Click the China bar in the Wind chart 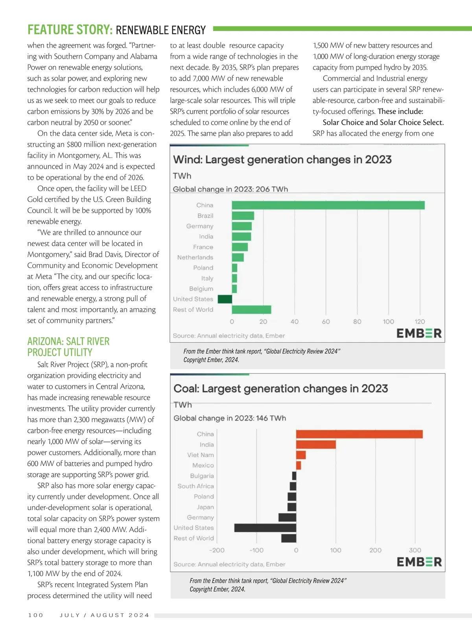pos(328,205)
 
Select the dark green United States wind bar pos(225,299)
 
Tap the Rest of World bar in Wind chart pos(251,309)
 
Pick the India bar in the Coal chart pos(316,444)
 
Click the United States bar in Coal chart pos(265,528)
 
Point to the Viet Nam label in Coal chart pos(201,455)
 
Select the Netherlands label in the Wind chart pos(195,257)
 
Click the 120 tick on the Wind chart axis pos(420,322)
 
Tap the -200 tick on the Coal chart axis pos(217,550)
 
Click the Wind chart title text pos(282,160)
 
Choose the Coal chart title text pos(280,389)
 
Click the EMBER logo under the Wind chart pos(419,333)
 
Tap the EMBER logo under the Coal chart pos(419,562)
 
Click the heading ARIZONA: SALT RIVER pos(68,341)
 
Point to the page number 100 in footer pos(36,615)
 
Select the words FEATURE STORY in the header pos(70,30)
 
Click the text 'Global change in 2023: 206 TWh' pos(230,189)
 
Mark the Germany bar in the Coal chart pos(287,517)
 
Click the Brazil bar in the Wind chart pos(243,216)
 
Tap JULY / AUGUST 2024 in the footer pos(104,615)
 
